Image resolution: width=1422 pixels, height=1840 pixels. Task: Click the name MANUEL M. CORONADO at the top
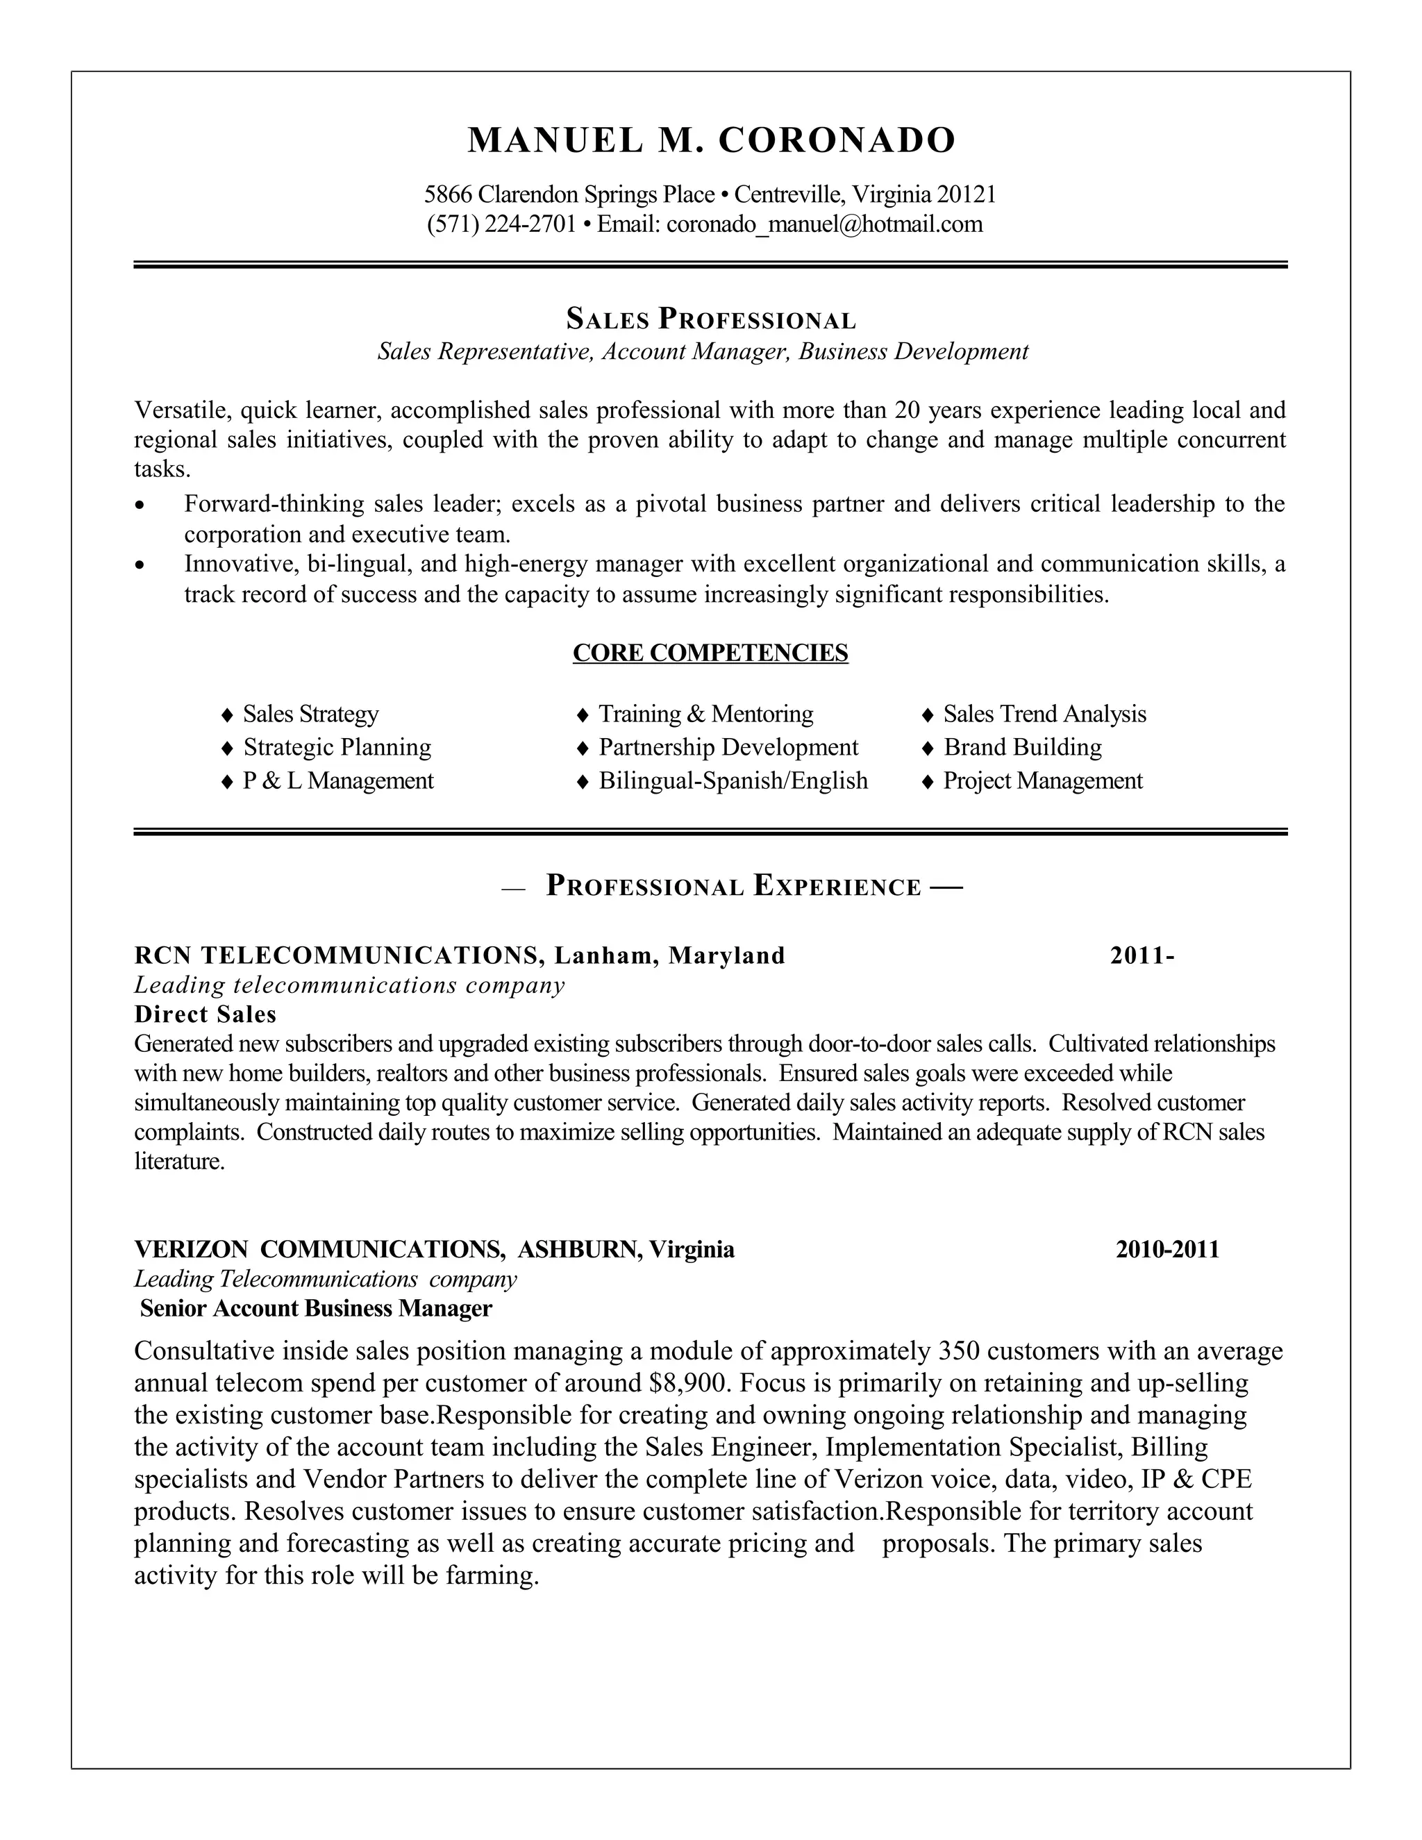pos(711,140)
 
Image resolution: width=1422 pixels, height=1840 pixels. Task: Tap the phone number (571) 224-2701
pos(501,224)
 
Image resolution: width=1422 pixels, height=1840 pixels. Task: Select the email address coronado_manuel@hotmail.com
pos(824,224)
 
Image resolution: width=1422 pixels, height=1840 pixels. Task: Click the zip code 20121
pos(967,194)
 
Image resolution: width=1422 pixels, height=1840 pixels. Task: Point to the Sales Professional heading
pos(711,319)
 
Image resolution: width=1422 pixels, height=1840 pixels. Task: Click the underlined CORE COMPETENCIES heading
pos(710,653)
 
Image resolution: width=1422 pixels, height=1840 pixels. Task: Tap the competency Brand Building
pos(1022,747)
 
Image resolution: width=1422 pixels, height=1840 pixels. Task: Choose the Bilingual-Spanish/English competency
pos(733,781)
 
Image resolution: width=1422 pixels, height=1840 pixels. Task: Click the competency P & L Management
pos(338,781)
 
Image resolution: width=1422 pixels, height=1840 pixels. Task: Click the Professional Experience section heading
pos(733,886)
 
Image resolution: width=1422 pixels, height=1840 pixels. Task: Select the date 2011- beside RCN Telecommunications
pos(1141,955)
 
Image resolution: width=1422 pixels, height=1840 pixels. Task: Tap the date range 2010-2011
pos(1168,1249)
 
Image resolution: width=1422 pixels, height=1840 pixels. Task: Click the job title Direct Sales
pos(206,1014)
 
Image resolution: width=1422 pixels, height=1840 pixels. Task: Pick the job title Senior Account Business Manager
pos(316,1308)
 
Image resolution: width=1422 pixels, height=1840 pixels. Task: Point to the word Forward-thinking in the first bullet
pos(273,505)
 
